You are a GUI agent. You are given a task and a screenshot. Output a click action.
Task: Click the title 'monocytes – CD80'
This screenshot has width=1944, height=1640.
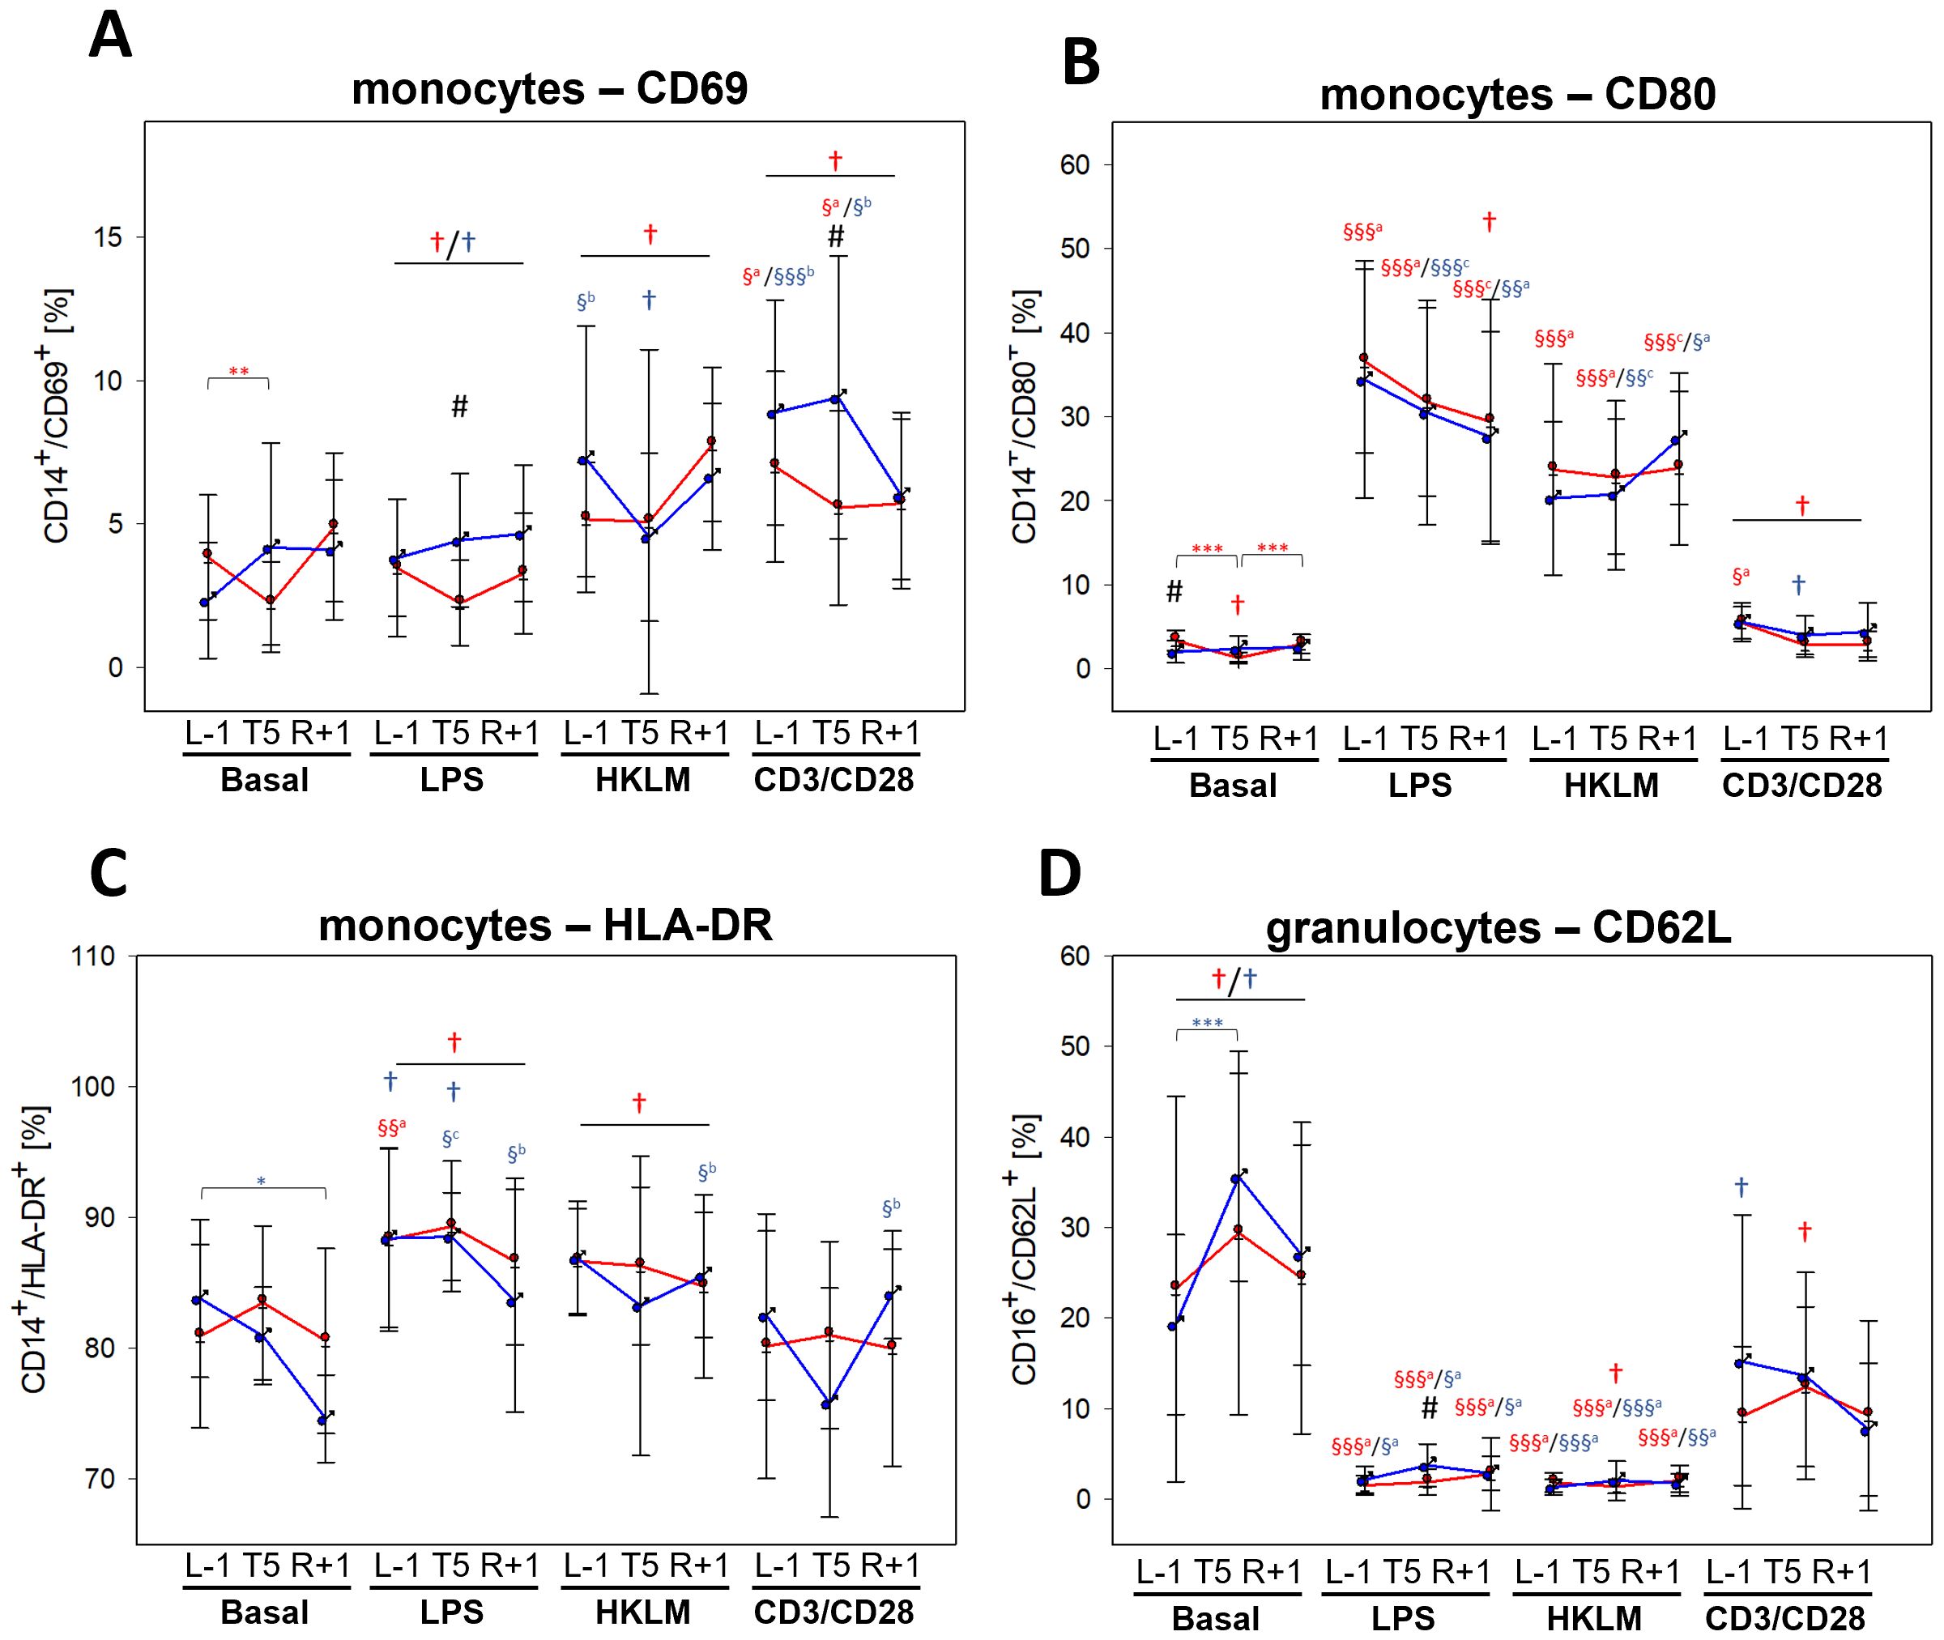click(x=1517, y=95)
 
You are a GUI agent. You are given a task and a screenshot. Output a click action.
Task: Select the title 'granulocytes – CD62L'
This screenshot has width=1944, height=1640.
click(x=1498, y=929)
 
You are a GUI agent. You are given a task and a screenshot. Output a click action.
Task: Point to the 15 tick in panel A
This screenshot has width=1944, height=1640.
click(x=108, y=237)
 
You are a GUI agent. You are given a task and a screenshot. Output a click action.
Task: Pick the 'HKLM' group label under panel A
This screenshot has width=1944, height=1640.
click(x=642, y=780)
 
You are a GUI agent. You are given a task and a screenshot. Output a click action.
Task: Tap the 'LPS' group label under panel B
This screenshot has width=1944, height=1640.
click(x=1420, y=786)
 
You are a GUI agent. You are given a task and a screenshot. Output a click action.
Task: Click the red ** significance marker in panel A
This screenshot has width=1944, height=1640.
click(x=238, y=373)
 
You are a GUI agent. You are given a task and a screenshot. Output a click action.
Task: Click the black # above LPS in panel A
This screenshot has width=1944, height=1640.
click(x=459, y=407)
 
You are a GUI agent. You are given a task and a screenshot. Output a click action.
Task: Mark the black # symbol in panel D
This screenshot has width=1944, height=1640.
click(x=1430, y=1408)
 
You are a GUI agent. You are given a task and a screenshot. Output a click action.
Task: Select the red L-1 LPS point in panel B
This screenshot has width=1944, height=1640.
click(x=1364, y=358)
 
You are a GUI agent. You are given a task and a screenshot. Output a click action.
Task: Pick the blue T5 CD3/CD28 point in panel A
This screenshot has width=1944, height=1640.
click(x=835, y=398)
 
